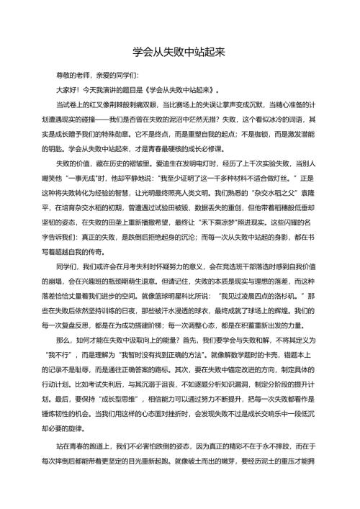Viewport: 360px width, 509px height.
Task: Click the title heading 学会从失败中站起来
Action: tap(180, 53)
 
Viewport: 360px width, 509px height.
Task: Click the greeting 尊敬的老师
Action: tap(73, 76)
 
